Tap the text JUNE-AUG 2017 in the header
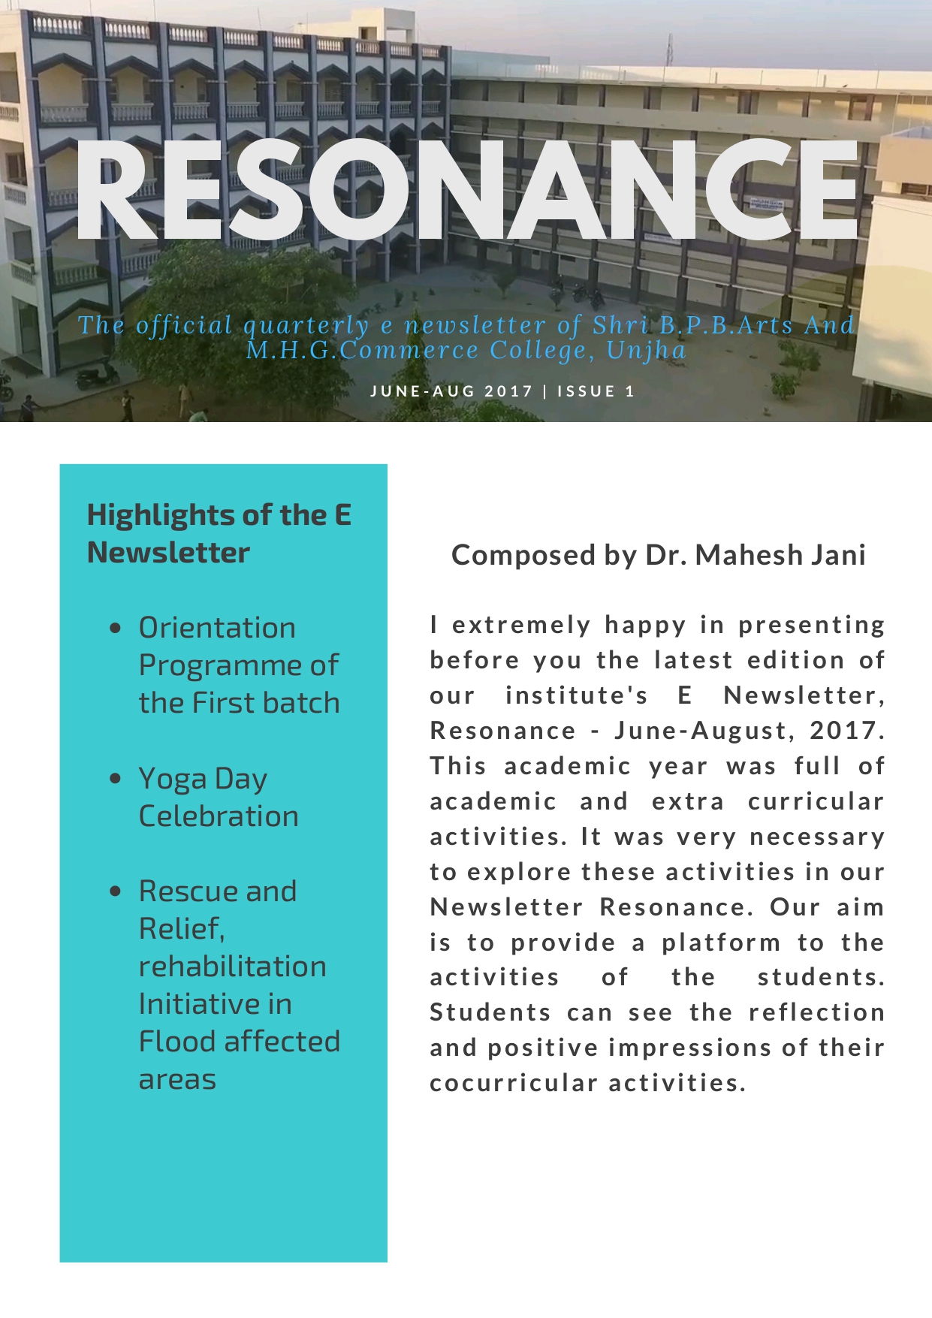pos(451,391)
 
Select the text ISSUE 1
pos(596,391)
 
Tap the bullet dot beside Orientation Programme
pos(115,628)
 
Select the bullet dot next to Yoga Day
pos(115,779)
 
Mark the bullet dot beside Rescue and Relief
pos(115,891)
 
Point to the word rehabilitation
pos(233,967)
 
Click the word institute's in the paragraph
pos(576,695)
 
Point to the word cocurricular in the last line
pos(514,1083)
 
